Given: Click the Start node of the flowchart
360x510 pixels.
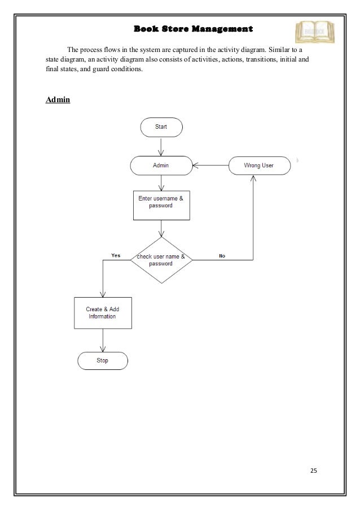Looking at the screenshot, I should tap(161, 127).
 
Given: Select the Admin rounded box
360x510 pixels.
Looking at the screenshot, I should tap(161, 165).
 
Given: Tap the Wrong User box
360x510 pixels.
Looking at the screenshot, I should tap(259, 165).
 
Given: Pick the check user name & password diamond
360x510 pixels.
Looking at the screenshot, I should tap(161, 260).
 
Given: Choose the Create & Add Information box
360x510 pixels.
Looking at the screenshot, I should tap(103, 313).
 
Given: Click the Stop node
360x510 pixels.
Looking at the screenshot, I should tap(103, 360).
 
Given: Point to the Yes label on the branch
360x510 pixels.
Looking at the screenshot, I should tap(116, 255).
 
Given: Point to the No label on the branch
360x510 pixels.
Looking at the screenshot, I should tap(222, 256).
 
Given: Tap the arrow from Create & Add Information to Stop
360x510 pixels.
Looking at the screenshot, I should tap(103, 340).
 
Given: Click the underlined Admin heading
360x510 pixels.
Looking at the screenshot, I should tap(57, 100).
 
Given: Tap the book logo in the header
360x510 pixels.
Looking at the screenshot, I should tap(315, 32).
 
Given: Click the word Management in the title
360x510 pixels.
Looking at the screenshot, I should tap(222, 28).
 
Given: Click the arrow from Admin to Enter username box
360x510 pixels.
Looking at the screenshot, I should tap(161, 183).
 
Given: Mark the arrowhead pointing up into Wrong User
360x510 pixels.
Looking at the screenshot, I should tap(253, 178).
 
